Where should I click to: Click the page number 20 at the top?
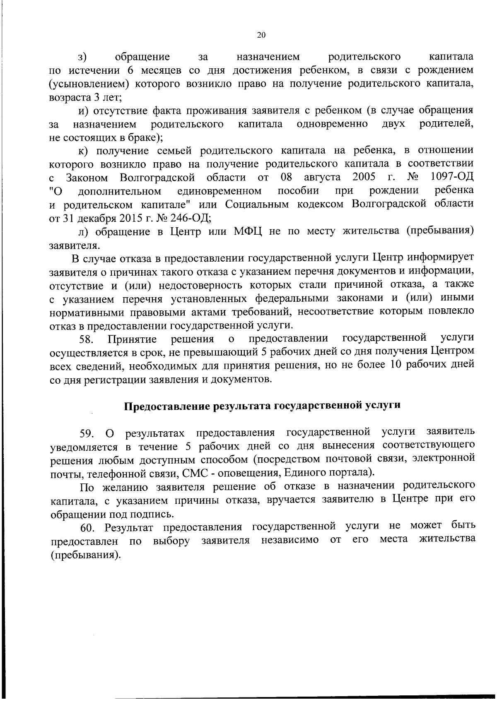click(261, 35)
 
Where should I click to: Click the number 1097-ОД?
click(452, 178)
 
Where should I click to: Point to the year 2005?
click(364, 178)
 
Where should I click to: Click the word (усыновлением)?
click(90, 84)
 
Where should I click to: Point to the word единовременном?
click(219, 191)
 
